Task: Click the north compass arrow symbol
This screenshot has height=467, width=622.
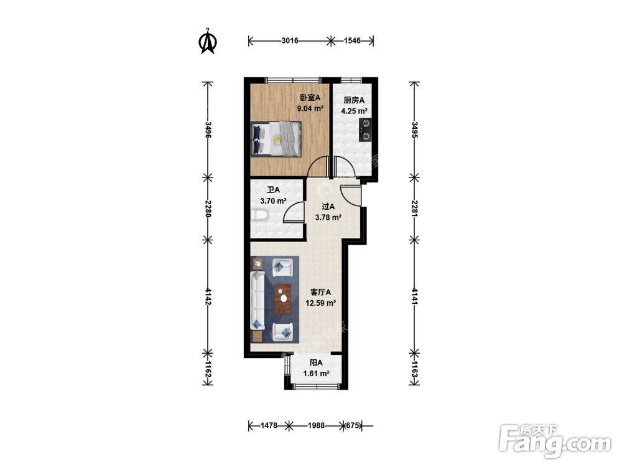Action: [207, 41]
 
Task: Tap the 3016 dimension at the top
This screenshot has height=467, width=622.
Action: [290, 40]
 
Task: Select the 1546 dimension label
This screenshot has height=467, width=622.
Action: [352, 40]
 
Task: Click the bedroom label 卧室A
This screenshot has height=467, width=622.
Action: [310, 97]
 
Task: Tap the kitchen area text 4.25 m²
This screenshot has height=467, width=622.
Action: [354, 111]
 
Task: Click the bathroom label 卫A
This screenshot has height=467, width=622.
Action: [273, 190]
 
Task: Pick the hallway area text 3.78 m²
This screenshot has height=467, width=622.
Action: [328, 217]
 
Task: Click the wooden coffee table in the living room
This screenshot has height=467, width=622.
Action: [283, 299]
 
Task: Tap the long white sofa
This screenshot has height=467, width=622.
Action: [258, 301]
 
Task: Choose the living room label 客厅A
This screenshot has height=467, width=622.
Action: [320, 292]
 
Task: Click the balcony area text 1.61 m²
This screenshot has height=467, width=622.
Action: [316, 374]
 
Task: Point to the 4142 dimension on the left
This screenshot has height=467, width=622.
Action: [208, 296]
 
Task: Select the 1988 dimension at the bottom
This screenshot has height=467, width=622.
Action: [316, 426]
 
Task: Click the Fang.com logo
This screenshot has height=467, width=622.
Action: [555, 441]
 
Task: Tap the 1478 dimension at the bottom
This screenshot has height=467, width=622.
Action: [269, 426]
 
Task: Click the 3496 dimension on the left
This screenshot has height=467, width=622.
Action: [208, 130]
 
